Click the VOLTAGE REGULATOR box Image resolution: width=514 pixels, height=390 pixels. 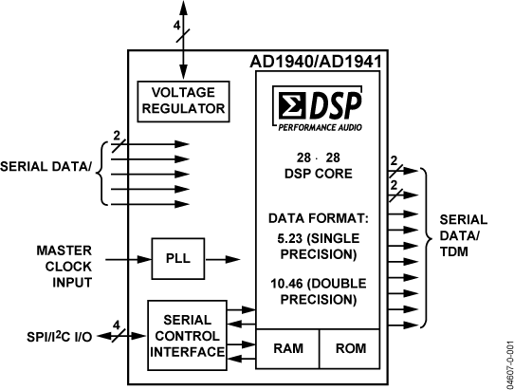(x=183, y=100)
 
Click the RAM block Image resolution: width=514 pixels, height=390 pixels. (x=288, y=348)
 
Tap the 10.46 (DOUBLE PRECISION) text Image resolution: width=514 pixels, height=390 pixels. (x=320, y=291)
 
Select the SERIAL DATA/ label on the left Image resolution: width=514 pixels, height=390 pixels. (x=46, y=168)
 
